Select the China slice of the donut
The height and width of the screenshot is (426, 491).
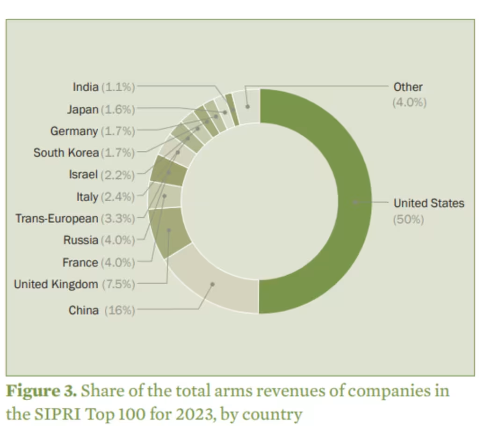[213, 284]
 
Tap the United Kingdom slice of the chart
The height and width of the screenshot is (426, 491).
[169, 230]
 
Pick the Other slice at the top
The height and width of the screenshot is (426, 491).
[247, 105]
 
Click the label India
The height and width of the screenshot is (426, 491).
[86, 87]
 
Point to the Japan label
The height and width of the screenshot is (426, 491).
[83, 110]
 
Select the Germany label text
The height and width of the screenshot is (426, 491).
[74, 131]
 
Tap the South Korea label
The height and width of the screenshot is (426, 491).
[66, 153]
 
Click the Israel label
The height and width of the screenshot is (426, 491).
[83, 175]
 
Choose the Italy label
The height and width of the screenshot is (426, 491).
[87, 197]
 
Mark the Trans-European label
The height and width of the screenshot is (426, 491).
[57, 219]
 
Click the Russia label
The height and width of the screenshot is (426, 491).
[81, 241]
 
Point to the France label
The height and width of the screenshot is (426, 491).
[80, 263]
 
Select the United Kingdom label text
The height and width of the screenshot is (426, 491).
[56, 284]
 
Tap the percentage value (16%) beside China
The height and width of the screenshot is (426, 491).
[119, 310]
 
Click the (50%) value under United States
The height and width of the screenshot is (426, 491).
[408, 219]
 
